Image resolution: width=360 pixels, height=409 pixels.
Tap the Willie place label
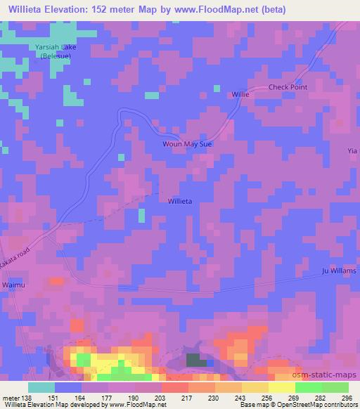click(240, 93)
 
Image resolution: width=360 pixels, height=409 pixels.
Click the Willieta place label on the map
click(180, 201)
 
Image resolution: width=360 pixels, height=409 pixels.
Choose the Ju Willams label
click(339, 271)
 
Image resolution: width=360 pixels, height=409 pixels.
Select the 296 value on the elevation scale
click(347, 397)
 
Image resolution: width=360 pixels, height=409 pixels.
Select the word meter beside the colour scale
click(10, 397)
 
